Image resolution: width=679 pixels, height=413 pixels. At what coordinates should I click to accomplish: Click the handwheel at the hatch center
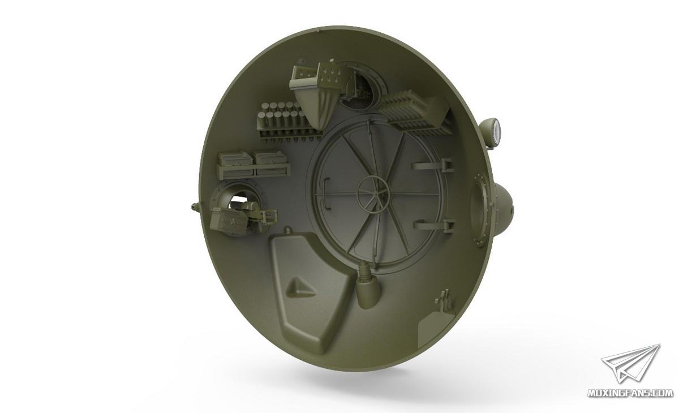coord(373,192)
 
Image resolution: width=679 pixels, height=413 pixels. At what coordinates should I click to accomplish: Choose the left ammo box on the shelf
coord(235,164)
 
